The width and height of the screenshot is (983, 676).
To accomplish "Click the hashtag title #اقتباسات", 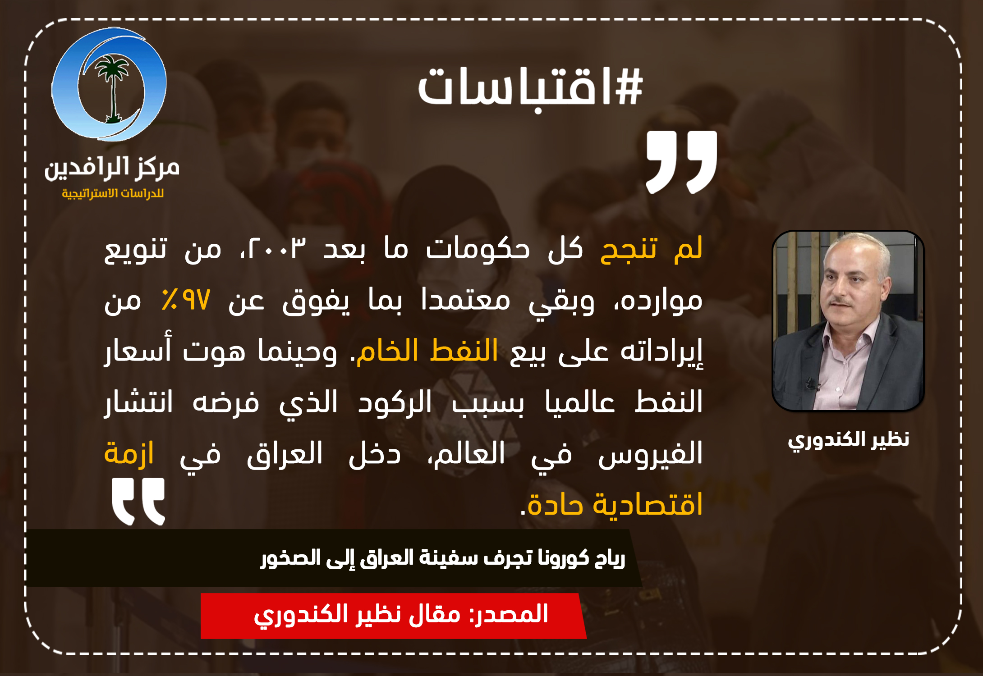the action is pos(530,87).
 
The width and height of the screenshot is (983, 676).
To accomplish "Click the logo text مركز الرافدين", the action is pos(112,168).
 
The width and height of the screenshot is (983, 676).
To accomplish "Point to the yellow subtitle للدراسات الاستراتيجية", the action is pos(113,193).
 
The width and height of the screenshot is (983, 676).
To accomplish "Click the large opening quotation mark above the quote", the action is pos(681,162).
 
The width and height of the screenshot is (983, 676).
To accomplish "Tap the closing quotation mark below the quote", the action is pos(138,502).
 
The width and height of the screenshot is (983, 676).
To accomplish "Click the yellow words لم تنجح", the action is pos(652,248).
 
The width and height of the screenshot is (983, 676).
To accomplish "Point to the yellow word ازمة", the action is pos(129,452).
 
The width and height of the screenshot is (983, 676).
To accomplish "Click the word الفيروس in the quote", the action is pos(650,453).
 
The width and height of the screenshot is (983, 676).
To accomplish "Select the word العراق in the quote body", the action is pos(285,453).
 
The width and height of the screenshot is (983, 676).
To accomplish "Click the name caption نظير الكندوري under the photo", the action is pos(848,439).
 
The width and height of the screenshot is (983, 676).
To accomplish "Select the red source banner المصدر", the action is pos(394,616).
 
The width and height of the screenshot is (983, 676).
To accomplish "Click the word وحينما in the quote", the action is pos(297,351).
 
